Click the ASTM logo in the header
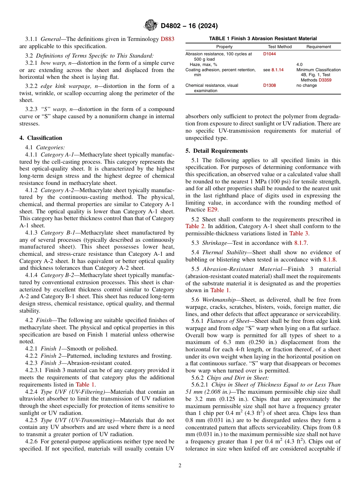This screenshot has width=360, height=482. (151, 25)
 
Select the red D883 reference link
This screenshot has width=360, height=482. (167, 39)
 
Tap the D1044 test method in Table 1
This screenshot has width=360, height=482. (269, 54)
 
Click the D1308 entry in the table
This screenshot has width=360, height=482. (269, 86)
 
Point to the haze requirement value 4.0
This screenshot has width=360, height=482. (299, 65)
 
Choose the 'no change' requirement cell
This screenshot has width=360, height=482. (306, 86)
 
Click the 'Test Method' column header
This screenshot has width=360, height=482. (280, 47)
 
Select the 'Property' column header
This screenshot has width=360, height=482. (224, 47)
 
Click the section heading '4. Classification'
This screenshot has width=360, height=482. (41, 138)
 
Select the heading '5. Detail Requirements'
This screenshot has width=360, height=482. (216, 151)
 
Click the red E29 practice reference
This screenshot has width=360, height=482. (212, 210)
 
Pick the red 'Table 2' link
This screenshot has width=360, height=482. (195, 226)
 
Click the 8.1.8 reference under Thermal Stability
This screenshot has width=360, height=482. (329, 260)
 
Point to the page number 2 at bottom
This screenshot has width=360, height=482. (180, 466)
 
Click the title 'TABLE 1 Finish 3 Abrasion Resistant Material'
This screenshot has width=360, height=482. (263, 39)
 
